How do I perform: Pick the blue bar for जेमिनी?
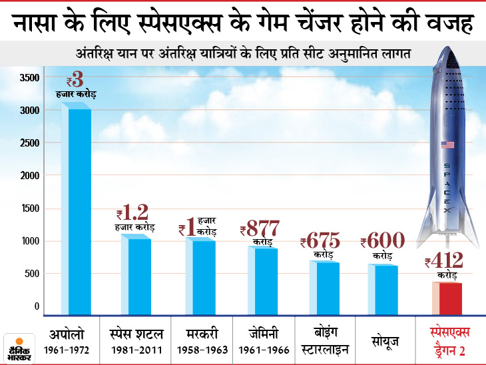(261, 280)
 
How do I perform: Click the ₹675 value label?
(320, 240)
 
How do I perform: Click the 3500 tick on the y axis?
(29, 78)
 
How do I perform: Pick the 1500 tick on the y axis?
(29, 208)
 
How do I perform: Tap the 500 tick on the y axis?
(31, 274)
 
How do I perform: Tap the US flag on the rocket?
(447, 145)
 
